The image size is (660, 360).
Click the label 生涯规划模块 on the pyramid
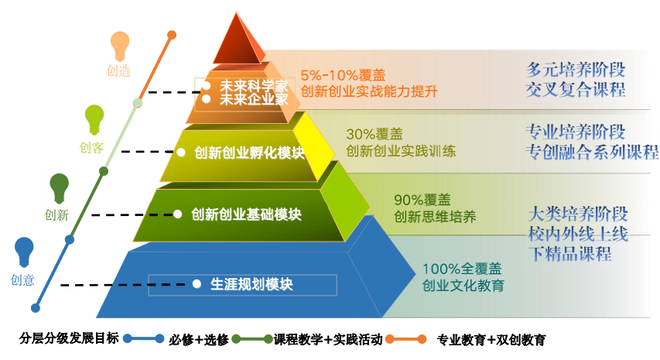point(251,284)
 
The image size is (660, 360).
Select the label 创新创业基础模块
point(246,214)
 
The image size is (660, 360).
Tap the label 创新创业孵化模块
point(249,153)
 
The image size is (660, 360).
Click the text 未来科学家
point(254,85)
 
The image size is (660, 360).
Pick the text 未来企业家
point(254,99)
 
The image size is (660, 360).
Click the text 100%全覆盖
point(462,269)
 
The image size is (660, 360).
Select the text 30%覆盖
point(374,134)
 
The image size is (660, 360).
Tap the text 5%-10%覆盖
point(343,75)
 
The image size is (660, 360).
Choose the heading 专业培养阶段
point(575,131)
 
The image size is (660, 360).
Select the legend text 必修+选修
point(199,339)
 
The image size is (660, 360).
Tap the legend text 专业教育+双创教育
point(491,339)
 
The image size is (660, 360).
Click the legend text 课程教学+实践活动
point(328,339)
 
